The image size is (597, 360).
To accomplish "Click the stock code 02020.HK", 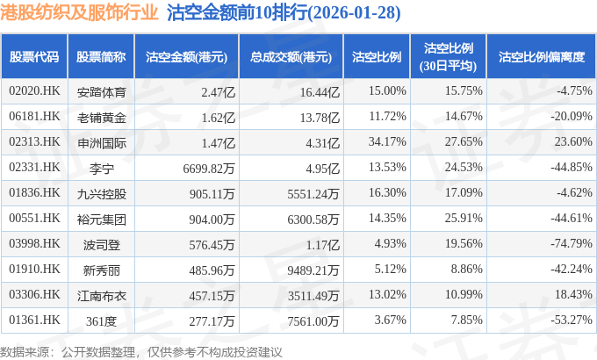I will point(34,90).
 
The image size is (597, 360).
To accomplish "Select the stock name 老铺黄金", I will point(102,116).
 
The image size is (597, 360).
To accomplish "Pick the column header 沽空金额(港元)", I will point(186,57).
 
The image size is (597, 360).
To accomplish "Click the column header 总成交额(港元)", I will point(291,57).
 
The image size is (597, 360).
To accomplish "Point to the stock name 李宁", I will point(102,167).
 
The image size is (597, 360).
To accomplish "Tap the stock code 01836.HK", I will point(34,192).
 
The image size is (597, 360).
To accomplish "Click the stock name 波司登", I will point(102,243).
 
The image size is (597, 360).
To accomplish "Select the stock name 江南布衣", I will point(102,294).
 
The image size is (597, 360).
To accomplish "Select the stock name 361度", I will point(102,320).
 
